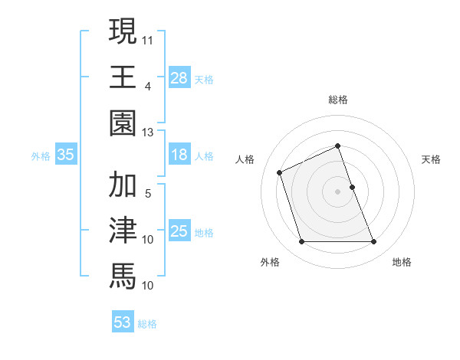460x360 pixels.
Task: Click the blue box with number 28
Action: (179, 77)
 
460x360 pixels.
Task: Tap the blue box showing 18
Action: (179, 155)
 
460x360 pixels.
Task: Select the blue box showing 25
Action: (179, 231)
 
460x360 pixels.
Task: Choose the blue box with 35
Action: (66, 155)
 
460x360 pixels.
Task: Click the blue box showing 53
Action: (123, 322)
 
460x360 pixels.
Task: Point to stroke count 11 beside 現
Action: (148, 38)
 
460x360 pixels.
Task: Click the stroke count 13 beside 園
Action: (148, 133)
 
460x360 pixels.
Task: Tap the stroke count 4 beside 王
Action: (147, 86)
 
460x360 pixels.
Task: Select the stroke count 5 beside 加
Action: (147, 193)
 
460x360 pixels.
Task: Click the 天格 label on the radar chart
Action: (432, 159)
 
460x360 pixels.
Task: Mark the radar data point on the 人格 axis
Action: (280, 172)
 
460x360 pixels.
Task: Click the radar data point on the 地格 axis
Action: (374, 242)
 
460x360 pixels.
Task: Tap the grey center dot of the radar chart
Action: (337, 191)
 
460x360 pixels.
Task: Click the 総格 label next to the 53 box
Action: (147, 324)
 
